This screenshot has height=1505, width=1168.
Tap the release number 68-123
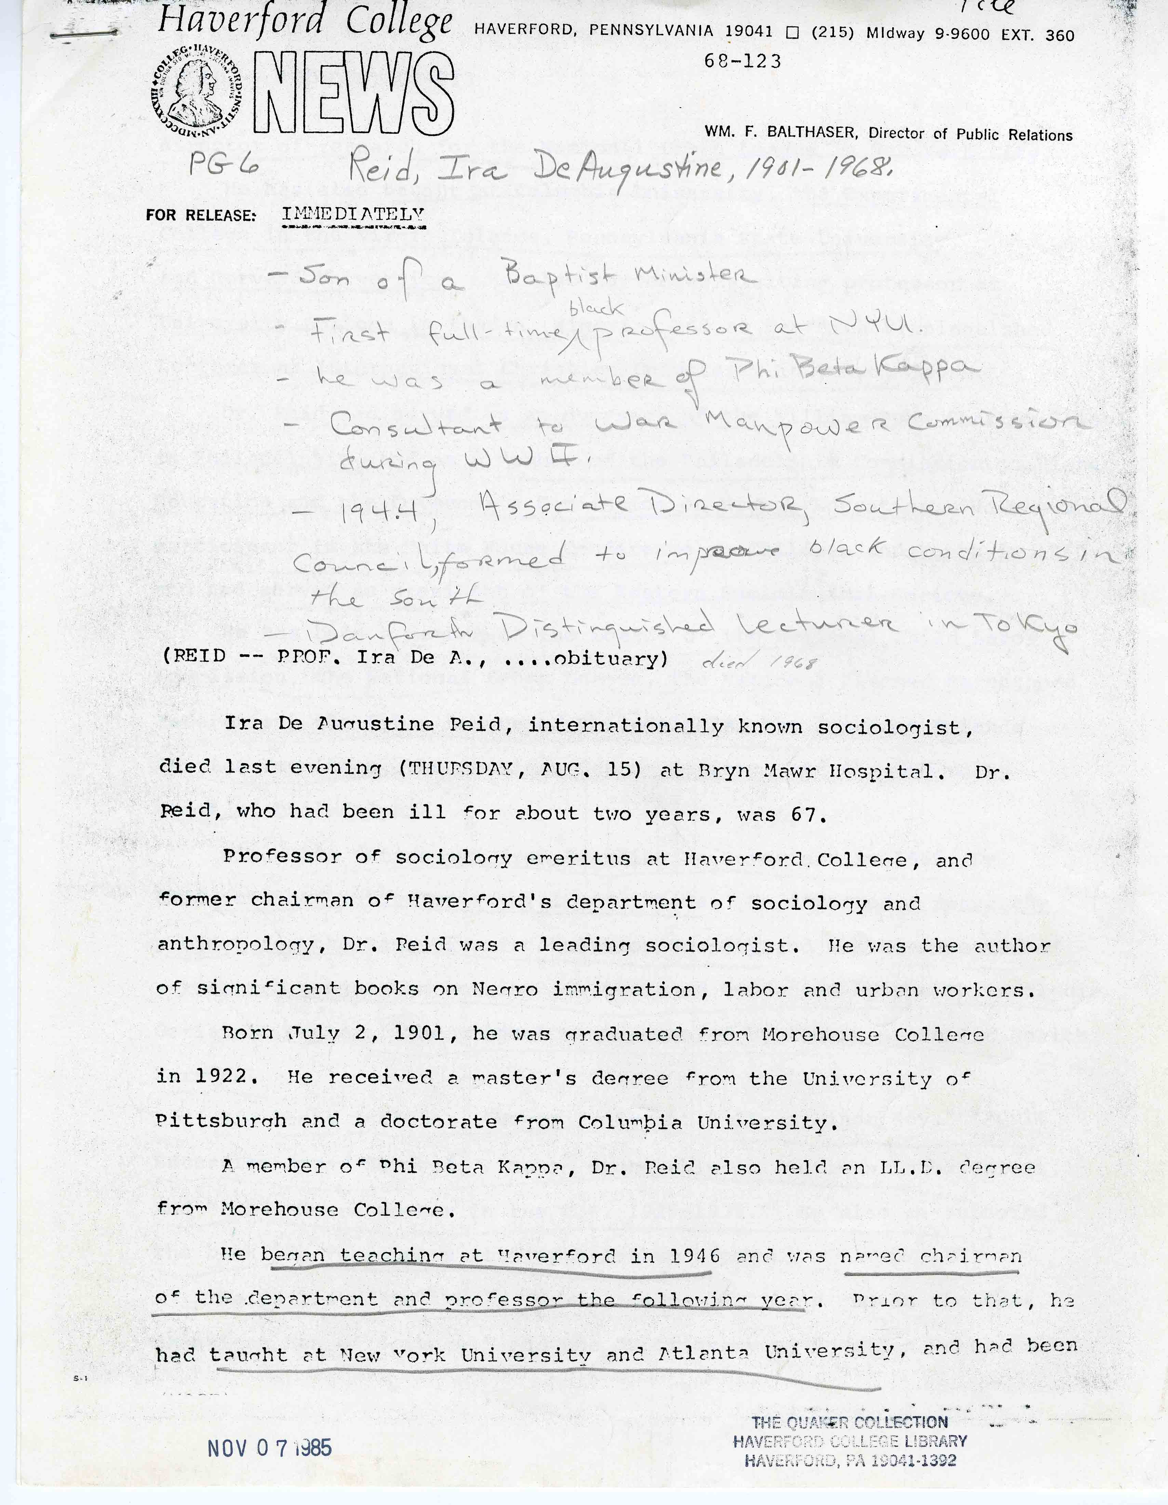click(742, 61)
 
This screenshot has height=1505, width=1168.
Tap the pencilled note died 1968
click(759, 663)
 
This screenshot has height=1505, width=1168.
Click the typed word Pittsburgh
click(221, 1121)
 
